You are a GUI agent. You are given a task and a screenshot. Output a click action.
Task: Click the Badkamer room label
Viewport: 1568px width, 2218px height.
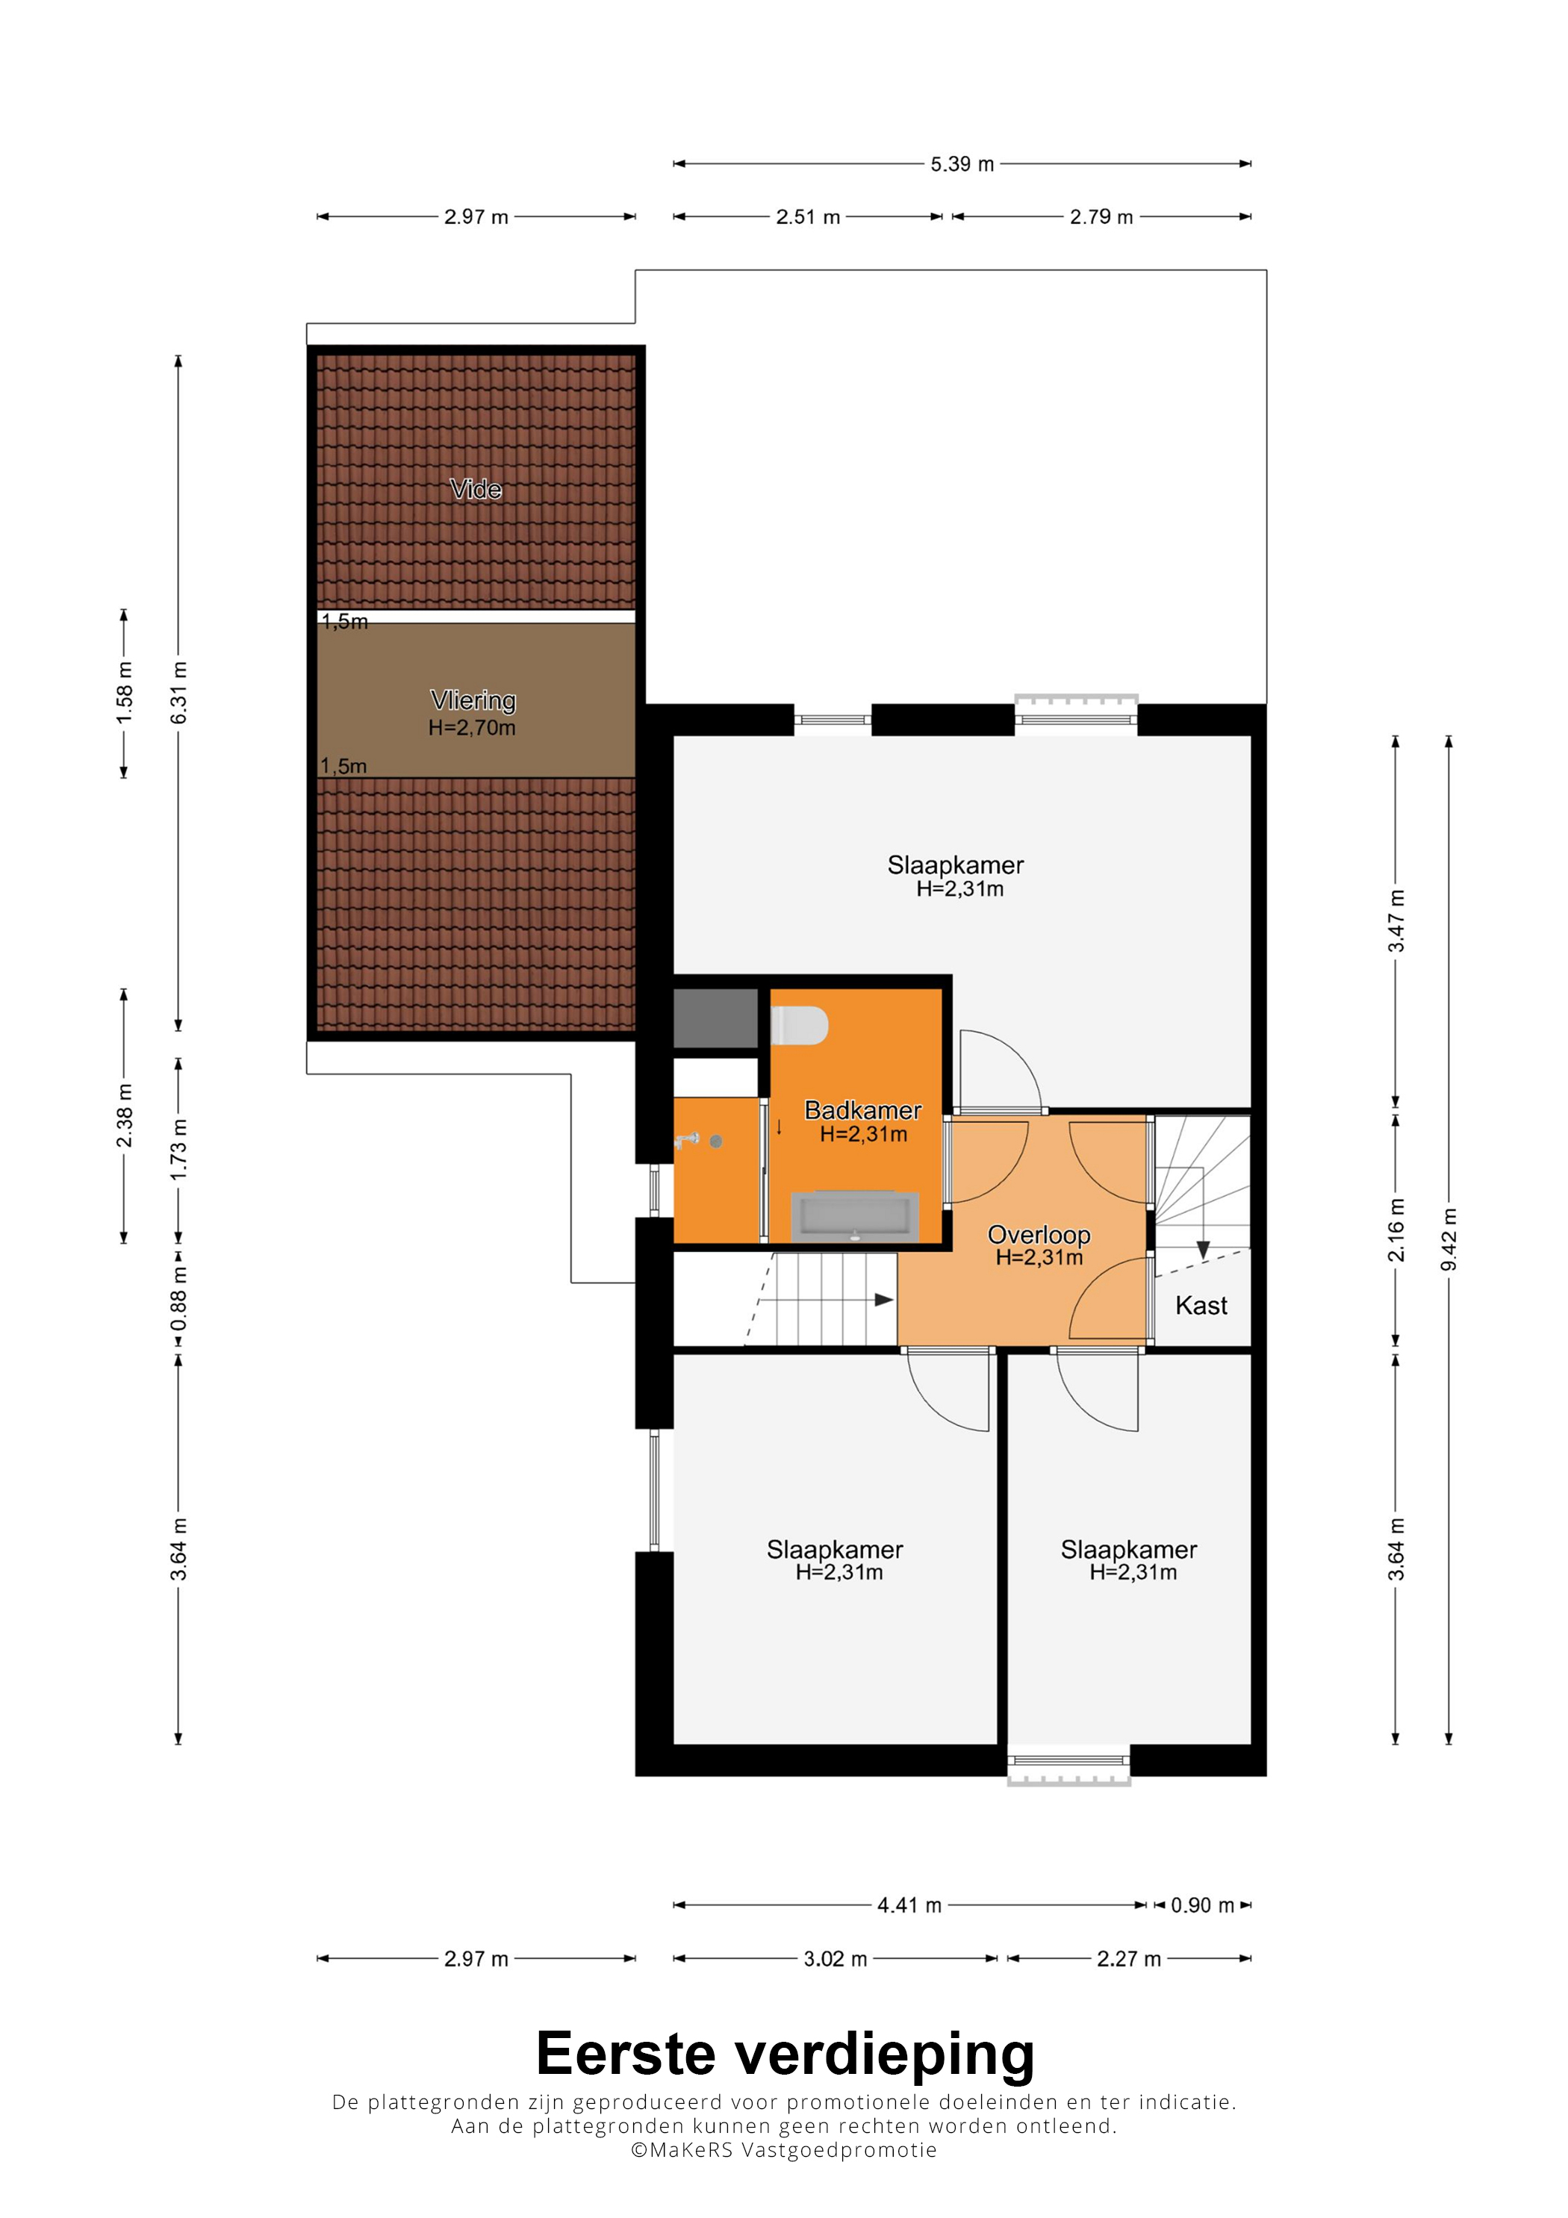[x=862, y=1110]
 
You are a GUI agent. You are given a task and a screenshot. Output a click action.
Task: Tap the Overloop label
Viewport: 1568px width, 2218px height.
[x=1039, y=1235]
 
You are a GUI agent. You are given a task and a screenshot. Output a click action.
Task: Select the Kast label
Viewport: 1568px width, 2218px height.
[x=1201, y=1305]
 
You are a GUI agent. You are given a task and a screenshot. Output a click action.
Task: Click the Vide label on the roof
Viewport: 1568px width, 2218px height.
[x=476, y=489]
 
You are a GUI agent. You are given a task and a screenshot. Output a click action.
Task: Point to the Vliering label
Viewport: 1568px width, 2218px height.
[x=473, y=700]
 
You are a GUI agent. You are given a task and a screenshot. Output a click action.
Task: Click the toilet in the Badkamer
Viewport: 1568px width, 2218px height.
[x=800, y=1026]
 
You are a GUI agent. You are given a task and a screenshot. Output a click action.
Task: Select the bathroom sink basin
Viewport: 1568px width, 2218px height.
[x=855, y=1216]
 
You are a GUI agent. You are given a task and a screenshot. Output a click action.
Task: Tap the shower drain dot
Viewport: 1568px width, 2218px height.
[x=716, y=1141]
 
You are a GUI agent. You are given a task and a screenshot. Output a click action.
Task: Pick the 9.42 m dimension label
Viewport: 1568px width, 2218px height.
[x=1449, y=1239]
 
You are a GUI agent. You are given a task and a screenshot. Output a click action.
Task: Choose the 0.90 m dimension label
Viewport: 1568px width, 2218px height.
[x=1202, y=1905]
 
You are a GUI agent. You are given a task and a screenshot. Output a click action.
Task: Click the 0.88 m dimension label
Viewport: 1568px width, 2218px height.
[x=178, y=1298]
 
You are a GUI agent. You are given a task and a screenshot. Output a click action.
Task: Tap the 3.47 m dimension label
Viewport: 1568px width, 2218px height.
[x=1396, y=920]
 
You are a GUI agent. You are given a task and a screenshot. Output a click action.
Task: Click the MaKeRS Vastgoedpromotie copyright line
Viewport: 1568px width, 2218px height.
[x=783, y=2149]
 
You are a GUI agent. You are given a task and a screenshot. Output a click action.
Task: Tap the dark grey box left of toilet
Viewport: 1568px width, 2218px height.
[x=715, y=1018]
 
